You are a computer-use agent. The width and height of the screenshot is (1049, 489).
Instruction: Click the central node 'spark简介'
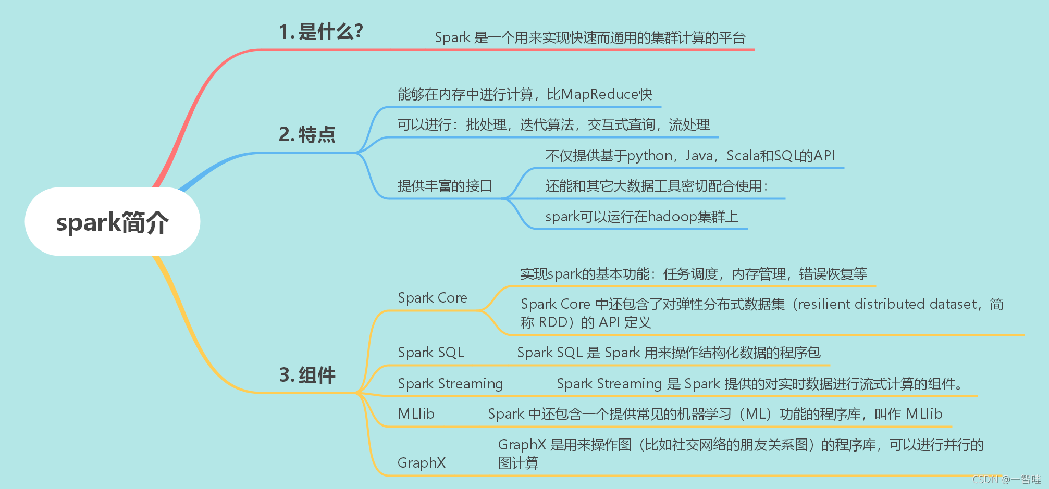pyautogui.click(x=112, y=222)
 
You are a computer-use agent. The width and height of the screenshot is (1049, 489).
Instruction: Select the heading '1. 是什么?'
pyautogui.click(x=320, y=32)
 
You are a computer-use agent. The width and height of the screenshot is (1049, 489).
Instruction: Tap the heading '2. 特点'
pyautogui.click(x=307, y=134)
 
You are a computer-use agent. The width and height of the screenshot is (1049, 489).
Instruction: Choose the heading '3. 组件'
pyautogui.click(x=307, y=375)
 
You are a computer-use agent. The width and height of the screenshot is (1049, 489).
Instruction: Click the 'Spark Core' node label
pyautogui.click(x=432, y=298)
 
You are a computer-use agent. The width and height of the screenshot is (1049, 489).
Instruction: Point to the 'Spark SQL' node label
pyautogui.click(x=430, y=353)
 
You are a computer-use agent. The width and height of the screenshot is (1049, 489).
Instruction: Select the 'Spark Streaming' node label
pyautogui.click(x=450, y=384)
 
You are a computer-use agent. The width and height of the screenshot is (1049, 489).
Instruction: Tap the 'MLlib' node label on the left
pyautogui.click(x=416, y=414)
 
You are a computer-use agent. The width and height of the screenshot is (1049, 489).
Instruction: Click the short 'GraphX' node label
pyautogui.click(x=421, y=462)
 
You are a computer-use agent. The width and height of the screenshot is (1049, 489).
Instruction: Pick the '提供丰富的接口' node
pyautogui.click(x=445, y=186)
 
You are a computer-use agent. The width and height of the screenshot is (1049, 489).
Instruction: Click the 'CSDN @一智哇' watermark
pyautogui.click(x=1006, y=479)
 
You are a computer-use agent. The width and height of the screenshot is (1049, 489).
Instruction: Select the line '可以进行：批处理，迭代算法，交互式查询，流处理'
pyautogui.click(x=553, y=124)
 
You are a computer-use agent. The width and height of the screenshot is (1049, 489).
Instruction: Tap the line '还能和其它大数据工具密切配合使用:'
pyautogui.click(x=657, y=186)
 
